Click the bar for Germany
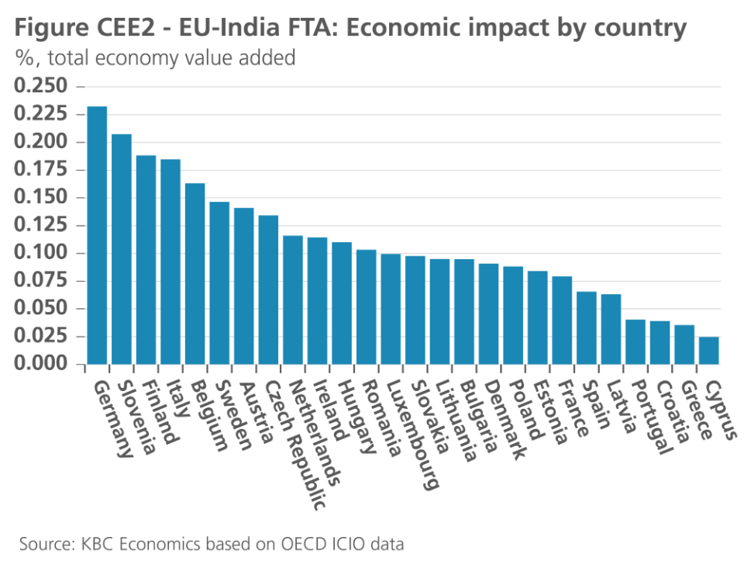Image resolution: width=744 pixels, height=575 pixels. click(x=97, y=235)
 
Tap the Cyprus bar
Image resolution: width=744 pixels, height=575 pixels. click(x=708, y=350)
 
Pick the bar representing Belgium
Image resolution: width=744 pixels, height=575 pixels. click(x=195, y=273)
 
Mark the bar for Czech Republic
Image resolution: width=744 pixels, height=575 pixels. click(x=268, y=289)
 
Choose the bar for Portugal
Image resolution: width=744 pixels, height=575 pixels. click(x=635, y=341)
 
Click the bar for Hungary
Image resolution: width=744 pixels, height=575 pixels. click(x=342, y=303)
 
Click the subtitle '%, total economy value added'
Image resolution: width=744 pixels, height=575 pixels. click(x=155, y=58)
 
